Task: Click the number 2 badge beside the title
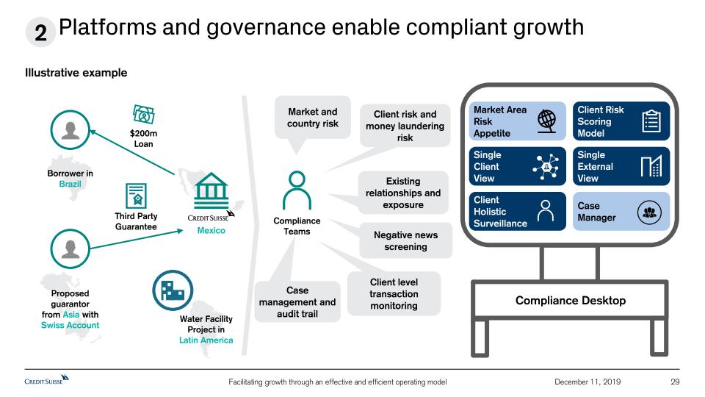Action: point(40,32)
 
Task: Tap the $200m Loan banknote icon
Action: point(143,115)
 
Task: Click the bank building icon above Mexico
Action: point(211,188)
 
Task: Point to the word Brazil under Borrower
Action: point(70,184)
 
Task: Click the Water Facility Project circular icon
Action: point(172,290)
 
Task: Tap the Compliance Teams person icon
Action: point(297,190)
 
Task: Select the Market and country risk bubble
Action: point(312,118)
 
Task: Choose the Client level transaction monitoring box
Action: point(394,293)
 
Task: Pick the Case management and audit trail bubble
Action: point(297,302)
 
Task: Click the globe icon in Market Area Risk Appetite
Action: point(546,121)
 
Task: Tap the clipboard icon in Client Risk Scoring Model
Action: point(651,121)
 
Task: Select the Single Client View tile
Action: point(518,166)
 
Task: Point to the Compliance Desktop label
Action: point(571,300)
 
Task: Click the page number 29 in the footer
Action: point(676,381)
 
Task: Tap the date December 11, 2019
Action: point(587,381)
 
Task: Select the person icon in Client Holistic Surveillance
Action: point(546,211)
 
